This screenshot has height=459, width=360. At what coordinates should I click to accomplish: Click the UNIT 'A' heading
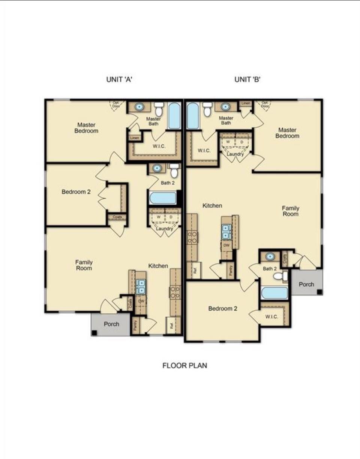click(119, 79)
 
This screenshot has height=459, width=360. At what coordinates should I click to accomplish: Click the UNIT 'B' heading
click(247, 79)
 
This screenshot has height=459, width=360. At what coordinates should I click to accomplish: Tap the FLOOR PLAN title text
click(184, 365)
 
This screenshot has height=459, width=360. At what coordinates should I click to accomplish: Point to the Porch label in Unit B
click(306, 284)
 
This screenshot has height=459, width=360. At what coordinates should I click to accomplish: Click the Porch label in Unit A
click(111, 324)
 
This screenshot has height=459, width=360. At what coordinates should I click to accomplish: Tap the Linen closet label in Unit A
click(135, 138)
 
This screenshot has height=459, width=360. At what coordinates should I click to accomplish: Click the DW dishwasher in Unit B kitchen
click(226, 245)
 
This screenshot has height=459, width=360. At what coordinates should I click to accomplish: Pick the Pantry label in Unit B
click(230, 270)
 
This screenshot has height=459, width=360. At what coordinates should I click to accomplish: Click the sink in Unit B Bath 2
click(269, 257)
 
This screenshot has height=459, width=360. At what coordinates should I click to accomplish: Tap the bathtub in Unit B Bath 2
click(274, 293)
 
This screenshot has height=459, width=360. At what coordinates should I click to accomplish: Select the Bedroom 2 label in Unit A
click(76, 192)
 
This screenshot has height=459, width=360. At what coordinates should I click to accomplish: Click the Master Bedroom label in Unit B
click(287, 133)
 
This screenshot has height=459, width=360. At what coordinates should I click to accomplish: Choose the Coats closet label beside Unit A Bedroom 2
click(117, 217)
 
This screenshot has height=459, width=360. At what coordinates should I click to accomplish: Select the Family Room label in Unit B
click(291, 211)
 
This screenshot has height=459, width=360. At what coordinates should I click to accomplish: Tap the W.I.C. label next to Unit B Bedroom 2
click(271, 317)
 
